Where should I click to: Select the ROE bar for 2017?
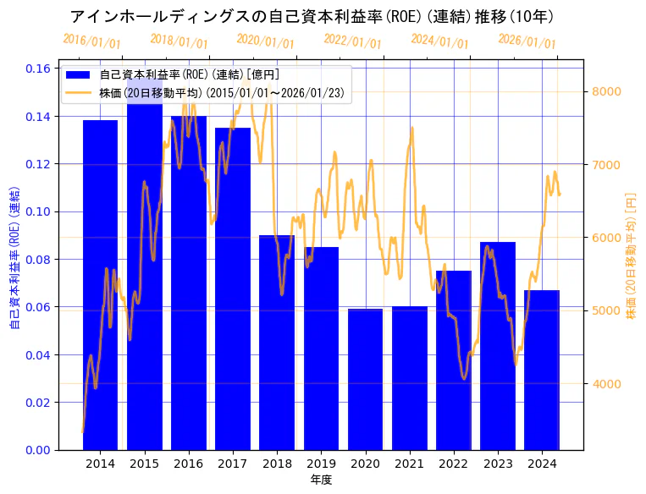tap(233, 288)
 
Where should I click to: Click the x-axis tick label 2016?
tap(188, 464)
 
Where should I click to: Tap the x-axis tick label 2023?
tap(498, 464)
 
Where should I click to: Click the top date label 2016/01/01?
tap(91, 41)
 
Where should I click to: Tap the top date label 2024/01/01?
tap(439, 41)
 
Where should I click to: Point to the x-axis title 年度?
tap(321, 480)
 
